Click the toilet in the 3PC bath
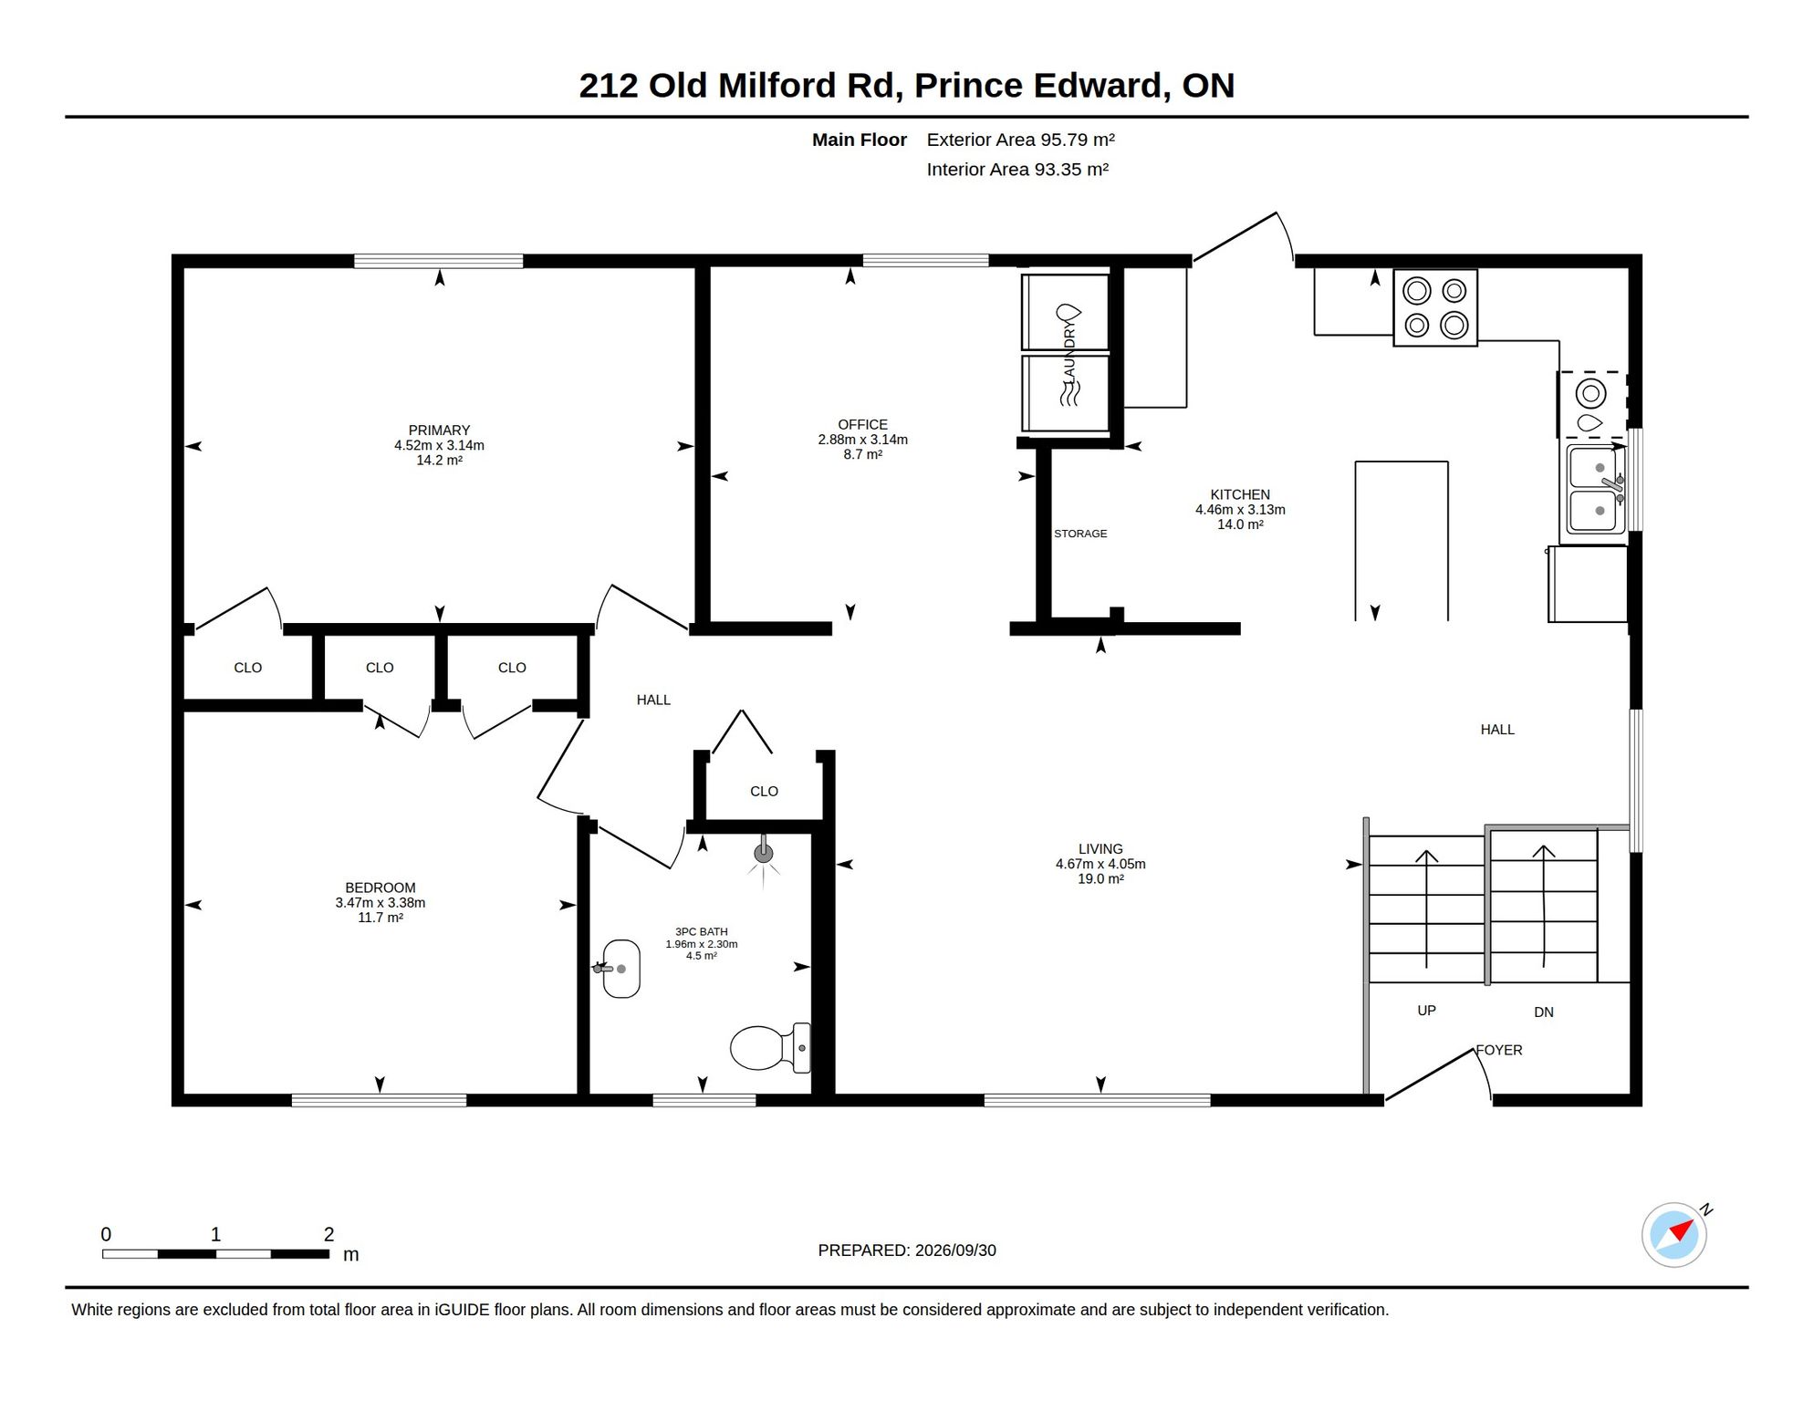770,1047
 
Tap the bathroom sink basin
620,969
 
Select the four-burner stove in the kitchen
1435,307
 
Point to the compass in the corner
1674,1235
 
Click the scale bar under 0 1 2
215,1254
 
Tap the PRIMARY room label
439,431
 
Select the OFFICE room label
862,425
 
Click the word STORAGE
1080,534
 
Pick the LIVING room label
1100,849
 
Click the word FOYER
1499,1051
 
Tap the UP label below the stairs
1426,1011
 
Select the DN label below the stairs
1544,1012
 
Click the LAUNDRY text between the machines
1069,353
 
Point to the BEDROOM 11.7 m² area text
381,918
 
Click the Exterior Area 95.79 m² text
1020,140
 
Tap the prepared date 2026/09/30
955,1251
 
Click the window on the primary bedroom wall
438,261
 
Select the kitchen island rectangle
1402,541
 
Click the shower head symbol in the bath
764,854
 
